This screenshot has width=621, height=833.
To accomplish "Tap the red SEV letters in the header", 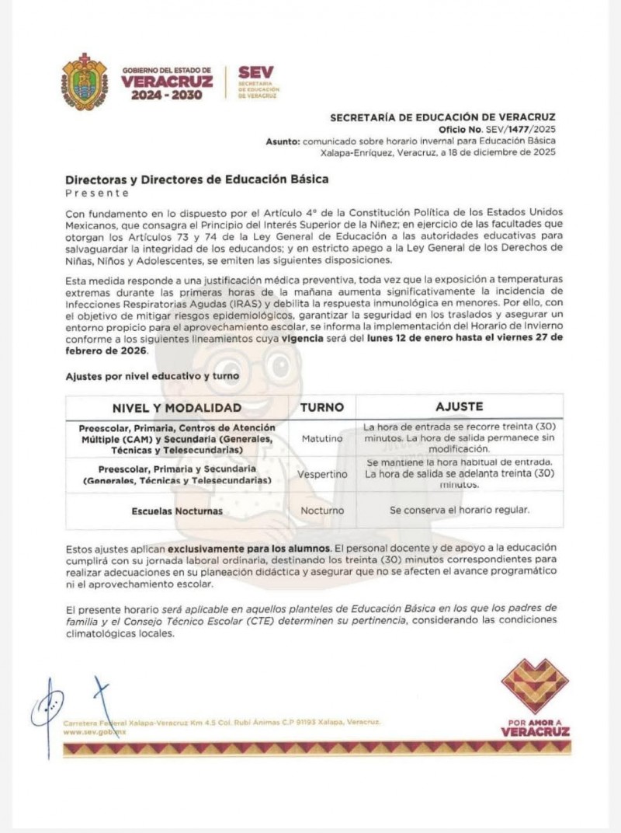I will pyautogui.click(x=255, y=73).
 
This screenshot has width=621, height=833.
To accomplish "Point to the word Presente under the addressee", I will pyautogui.click(x=98, y=192).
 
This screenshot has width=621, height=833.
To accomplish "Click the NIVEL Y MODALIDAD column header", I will pyautogui.click(x=177, y=407).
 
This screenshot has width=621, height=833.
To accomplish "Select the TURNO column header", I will pyautogui.click(x=322, y=407).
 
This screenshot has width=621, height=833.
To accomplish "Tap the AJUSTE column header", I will pyautogui.click(x=460, y=406).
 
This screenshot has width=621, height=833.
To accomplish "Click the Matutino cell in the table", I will pyautogui.click(x=322, y=438).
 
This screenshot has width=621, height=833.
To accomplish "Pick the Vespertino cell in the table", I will pyautogui.click(x=322, y=473).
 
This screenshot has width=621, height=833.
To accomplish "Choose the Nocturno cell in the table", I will pyautogui.click(x=322, y=511).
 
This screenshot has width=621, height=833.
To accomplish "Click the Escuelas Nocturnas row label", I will pyautogui.click(x=177, y=511).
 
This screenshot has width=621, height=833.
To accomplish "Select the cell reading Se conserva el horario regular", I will pyautogui.click(x=460, y=511).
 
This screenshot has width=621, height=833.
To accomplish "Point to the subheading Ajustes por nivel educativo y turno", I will pyautogui.click(x=152, y=376).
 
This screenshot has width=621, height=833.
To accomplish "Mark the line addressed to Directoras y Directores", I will pyautogui.click(x=197, y=179).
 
